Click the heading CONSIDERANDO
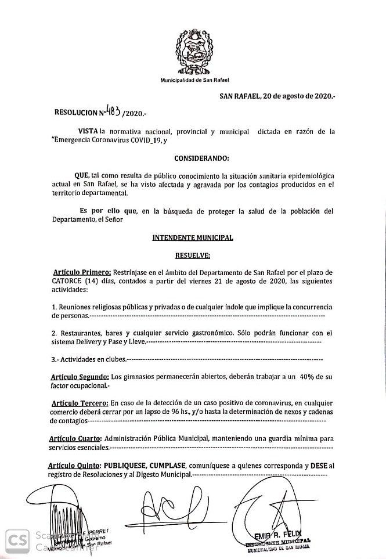point(201,158)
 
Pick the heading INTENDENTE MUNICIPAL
point(192,238)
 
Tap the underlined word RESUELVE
point(192,255)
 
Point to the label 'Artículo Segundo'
point(80,377)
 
